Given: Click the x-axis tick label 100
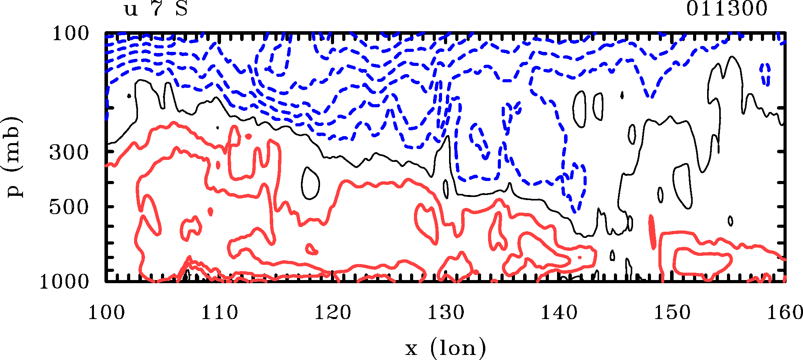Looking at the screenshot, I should (x=106, y=313).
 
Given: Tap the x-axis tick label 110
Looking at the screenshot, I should (x=219, y=313).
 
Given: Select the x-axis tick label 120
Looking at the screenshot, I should (x=333, y=313).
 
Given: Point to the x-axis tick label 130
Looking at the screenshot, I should (x=446, y=313).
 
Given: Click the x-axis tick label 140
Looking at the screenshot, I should (x=559, y=313).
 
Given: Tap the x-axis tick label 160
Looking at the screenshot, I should (x=784, y=313).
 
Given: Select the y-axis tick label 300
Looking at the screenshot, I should (x=69, y=153).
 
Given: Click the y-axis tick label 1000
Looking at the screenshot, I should (x=64, y=282).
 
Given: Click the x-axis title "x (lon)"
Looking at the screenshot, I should (x=445, y=348).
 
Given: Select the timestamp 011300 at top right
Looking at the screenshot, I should (x=727, y=9).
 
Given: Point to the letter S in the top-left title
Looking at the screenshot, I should (x=182, y=9).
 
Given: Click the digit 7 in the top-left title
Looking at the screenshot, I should (x=157, y=9).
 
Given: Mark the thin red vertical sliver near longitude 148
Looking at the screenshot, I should (x=652, y=232).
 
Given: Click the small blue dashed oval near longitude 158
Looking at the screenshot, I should (x=766, y=74).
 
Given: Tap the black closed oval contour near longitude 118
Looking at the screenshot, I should (x=311, y=183).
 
